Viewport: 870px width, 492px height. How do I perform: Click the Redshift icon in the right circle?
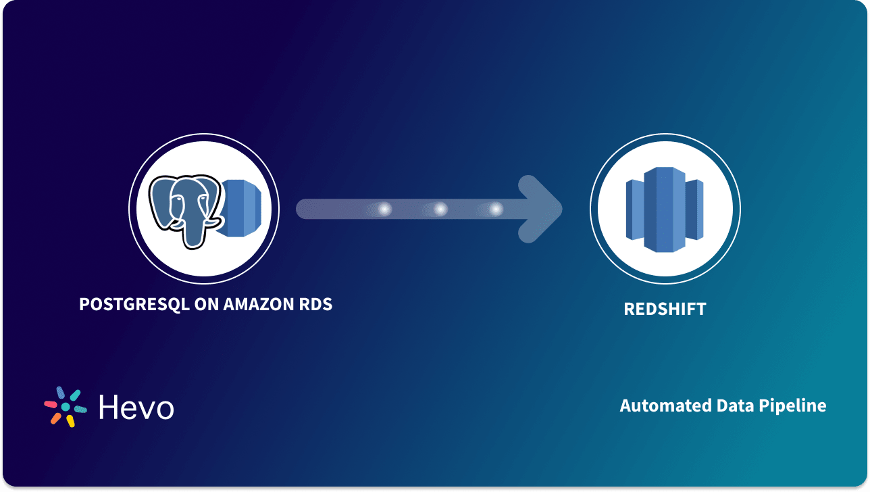coord(665,210)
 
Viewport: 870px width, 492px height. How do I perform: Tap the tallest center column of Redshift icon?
coord(665,210)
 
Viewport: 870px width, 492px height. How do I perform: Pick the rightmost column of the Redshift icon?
coord(696,210)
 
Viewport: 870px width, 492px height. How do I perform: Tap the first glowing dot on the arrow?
coord(384,210)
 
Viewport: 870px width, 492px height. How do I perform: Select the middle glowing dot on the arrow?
coord(440,210)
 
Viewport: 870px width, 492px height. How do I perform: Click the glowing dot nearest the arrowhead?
coord(496,210)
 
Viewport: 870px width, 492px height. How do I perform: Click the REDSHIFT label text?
coord(665,310)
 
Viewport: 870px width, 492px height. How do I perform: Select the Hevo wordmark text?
coord(136,407)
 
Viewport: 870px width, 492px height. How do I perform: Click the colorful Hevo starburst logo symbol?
coord(65,407)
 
